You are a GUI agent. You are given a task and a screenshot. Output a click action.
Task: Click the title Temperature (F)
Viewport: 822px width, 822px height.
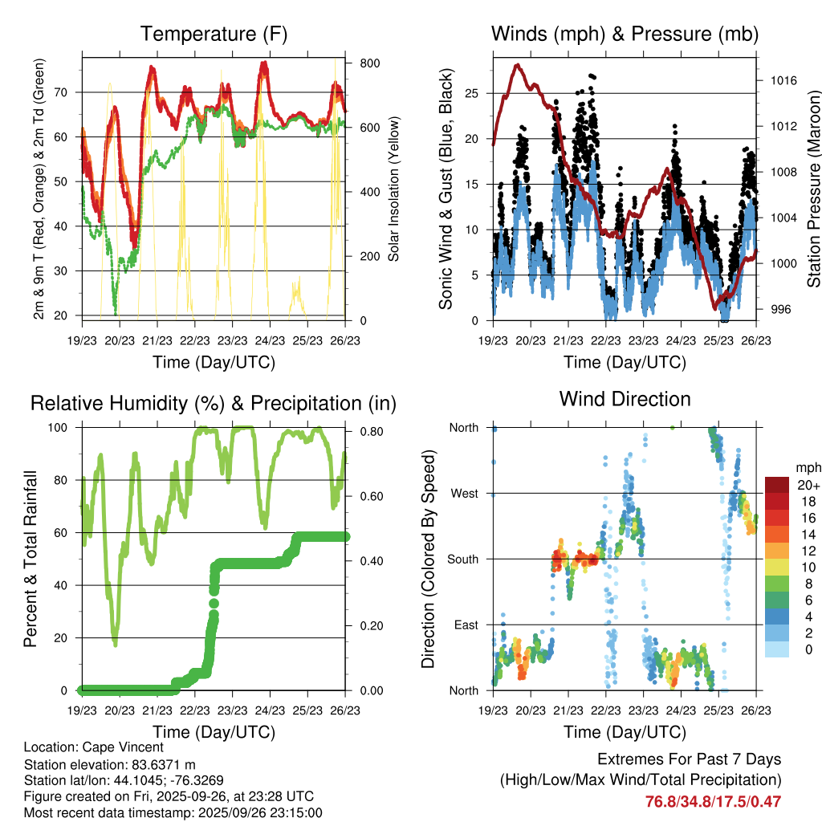pos(214,35)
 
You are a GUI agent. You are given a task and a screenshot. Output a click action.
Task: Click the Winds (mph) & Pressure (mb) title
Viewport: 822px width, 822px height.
pos(625,35)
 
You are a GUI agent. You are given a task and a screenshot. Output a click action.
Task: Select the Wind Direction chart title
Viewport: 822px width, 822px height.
pos(625,399)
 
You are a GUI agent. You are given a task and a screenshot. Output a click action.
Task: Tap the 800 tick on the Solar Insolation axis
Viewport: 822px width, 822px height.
pos(364,63)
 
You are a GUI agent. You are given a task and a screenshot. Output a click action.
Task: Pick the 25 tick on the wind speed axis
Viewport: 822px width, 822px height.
pos(474,93)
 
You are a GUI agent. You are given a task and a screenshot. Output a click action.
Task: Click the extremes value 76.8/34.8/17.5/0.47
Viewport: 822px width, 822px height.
pos(713,801)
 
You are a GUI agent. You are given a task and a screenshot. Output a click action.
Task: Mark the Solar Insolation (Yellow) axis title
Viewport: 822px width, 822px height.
pos(393,189)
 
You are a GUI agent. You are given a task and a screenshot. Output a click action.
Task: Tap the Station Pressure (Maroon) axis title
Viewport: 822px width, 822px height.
pos(812,189)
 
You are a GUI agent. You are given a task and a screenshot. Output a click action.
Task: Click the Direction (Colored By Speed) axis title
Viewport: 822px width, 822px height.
pos(428,558)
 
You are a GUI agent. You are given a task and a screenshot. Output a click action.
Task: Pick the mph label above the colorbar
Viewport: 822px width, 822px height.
pos(805,467)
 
